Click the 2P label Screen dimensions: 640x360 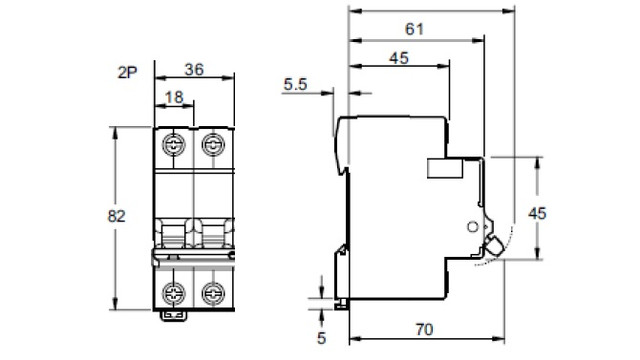coord(127,72)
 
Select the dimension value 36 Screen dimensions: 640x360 coord(194,69)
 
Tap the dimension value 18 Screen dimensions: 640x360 coord(174,97)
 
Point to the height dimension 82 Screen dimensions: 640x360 coord(116,216)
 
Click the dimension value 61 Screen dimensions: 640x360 coord(414,29)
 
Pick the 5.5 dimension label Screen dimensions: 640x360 coord(296,84)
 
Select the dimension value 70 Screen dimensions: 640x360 coord(424,329)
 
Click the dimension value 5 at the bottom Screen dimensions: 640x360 coord(322,338)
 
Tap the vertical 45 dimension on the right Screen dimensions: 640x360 coord(537,213)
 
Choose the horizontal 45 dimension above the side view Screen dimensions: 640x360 coord(399,58)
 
